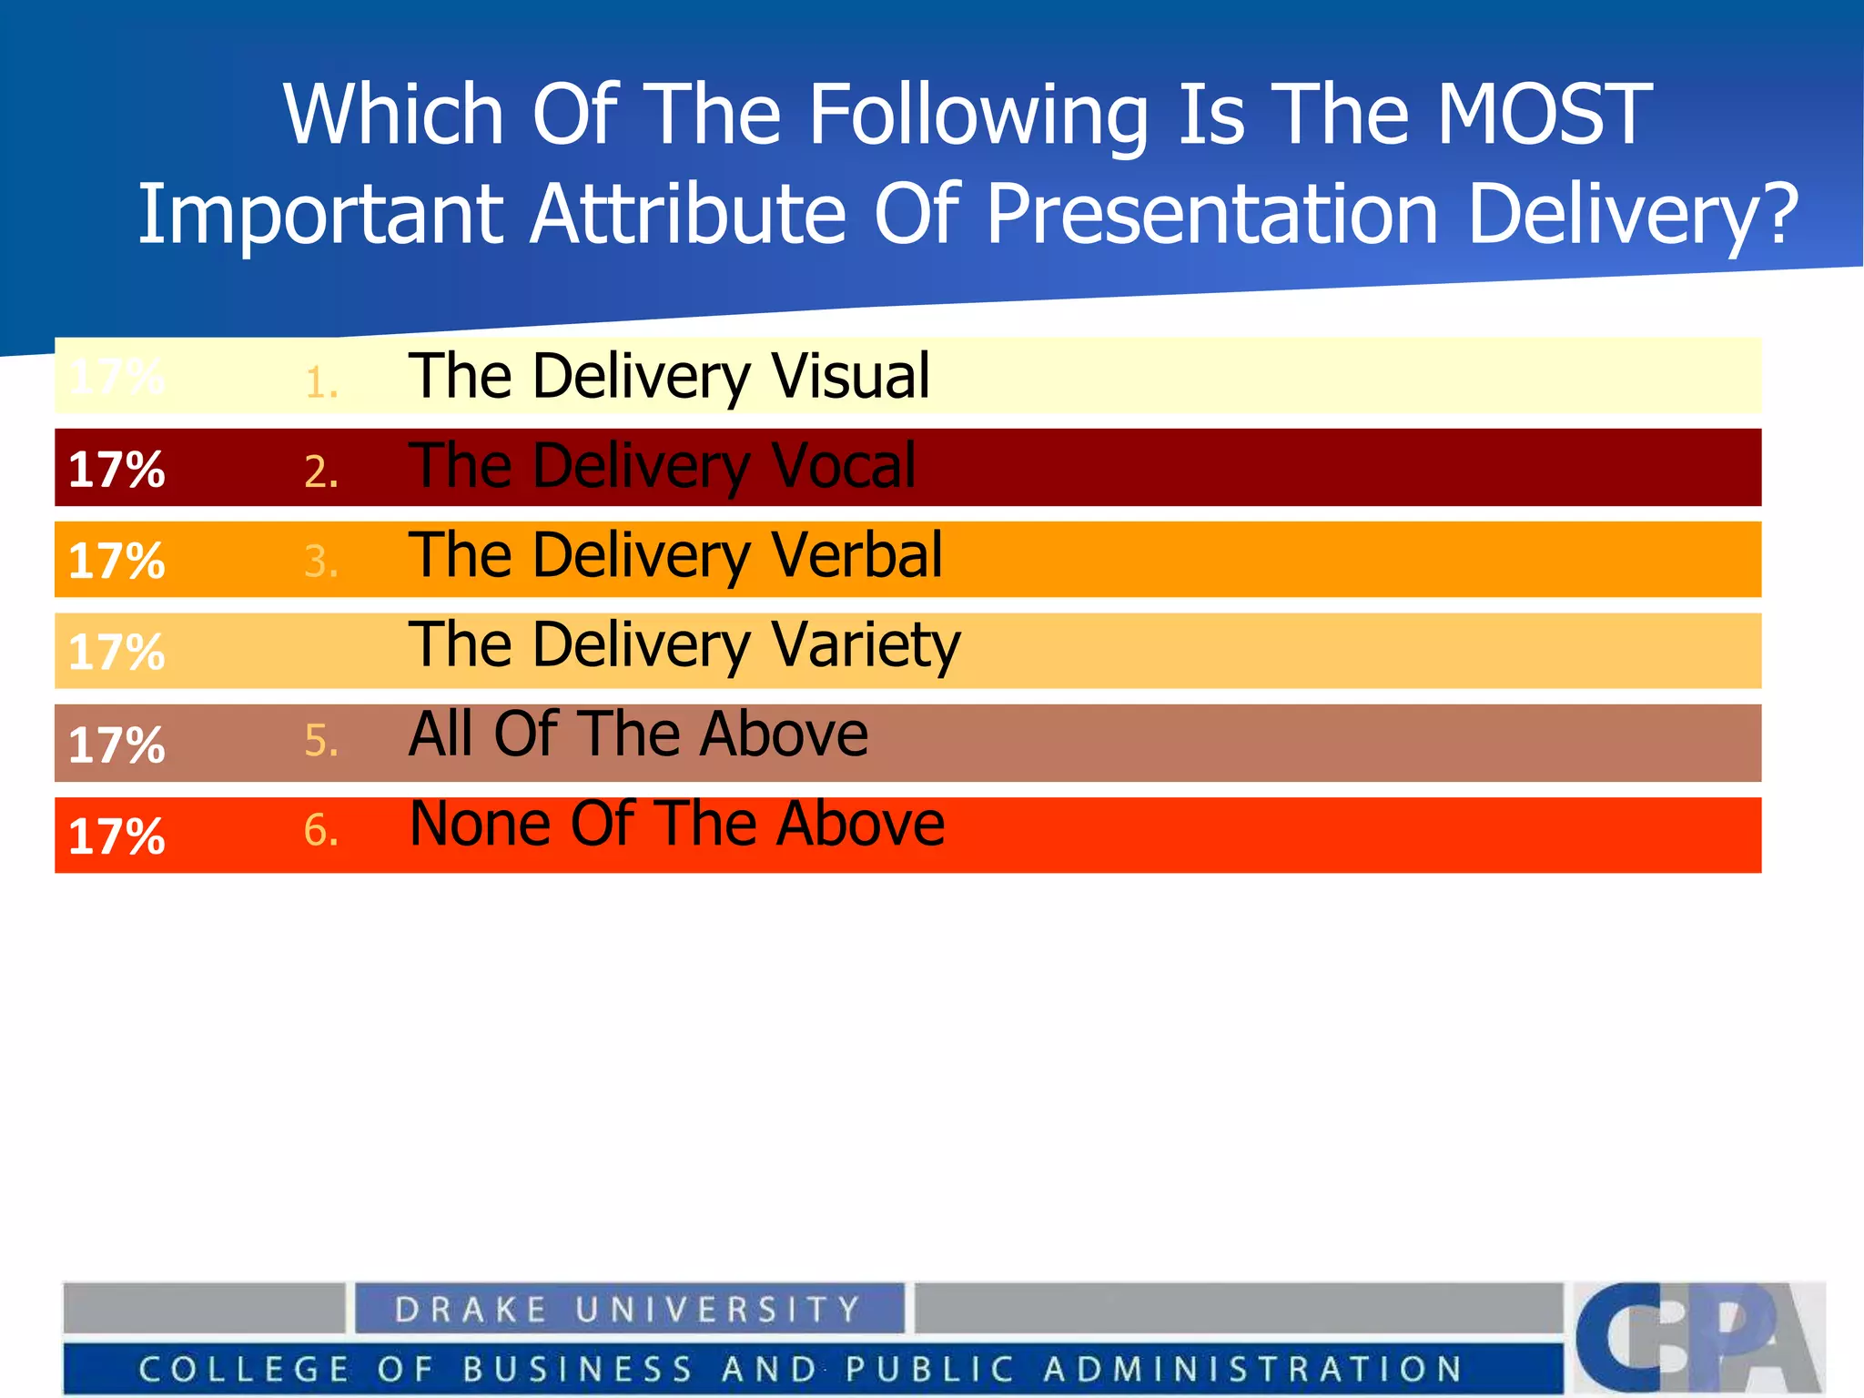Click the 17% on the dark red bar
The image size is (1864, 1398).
pyautogui.click(x=116, y=470)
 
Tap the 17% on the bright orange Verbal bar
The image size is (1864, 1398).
pyautogui.click(x=116, y=561)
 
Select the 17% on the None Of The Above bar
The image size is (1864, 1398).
pyautogui.click(x=116, y=836)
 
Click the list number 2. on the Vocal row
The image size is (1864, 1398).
pyautogui.click(x=321, y=472)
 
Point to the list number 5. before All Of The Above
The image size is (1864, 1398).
pyautogui.click(x=321, y=742)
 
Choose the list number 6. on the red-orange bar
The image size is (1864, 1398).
pyautogui.click(x=321, y=831)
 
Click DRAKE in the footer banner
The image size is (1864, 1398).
pyautogui.click(x=471, y=1310)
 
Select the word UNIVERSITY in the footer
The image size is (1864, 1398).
pyautogui.click(x=718, y=1310)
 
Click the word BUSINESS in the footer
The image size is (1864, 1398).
pyautogui.click(x=578, y=1369)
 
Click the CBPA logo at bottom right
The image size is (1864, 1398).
pyautogui.click(x=1698, y=1336)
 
